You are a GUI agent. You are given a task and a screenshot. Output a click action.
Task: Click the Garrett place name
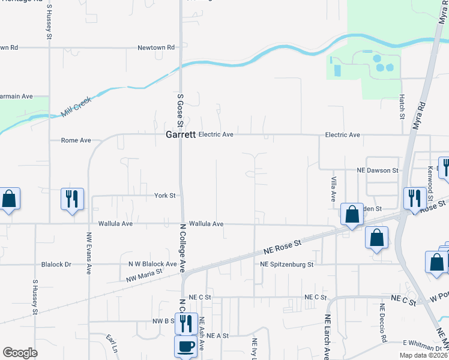[181, 136]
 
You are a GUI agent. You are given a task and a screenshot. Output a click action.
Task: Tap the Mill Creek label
[75, 109]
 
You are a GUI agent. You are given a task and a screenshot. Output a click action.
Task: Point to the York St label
[164, 196]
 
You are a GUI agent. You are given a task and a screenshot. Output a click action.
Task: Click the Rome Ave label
[76, 140]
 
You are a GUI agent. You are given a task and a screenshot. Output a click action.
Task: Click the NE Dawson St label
[378, 171]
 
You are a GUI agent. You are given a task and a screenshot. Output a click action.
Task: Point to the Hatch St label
[401, 106]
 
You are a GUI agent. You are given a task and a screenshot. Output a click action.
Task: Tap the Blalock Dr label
[56, 264]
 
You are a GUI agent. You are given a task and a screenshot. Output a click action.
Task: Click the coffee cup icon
[185, 347]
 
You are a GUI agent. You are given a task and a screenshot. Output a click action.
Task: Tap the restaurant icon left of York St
[72, 199]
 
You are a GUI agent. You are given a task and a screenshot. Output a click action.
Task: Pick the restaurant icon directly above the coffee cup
[185, 323]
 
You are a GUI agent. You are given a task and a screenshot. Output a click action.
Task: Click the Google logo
[20, 353]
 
